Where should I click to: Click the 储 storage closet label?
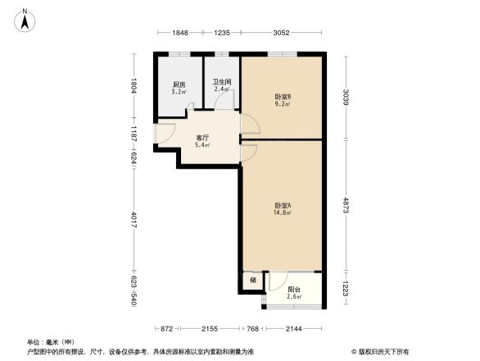[253, 281]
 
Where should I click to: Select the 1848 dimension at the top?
[180, 33]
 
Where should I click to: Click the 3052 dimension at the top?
[281, 33]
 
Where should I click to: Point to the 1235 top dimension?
[222, 33]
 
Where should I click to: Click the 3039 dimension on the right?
[346, 97]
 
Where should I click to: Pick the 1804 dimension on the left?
[134, 85]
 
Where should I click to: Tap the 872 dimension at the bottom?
[166, 328]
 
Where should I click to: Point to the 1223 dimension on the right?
[346, 290]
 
